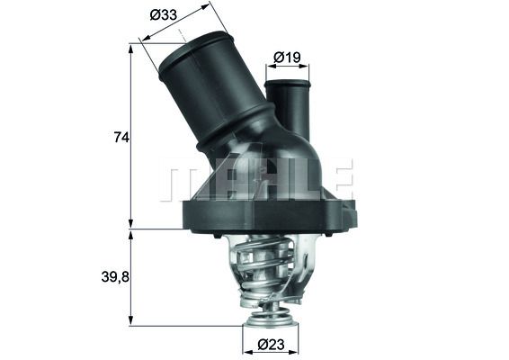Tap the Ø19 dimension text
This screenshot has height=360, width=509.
pos(287,58)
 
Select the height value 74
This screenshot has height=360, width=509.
pos(121,137)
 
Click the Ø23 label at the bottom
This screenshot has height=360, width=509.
pos(271,343)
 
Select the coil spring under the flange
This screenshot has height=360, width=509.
pos(269,265)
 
